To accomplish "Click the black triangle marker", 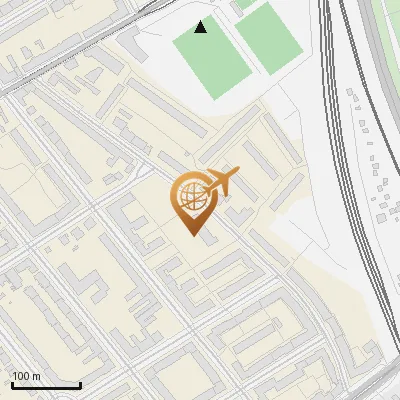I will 201,27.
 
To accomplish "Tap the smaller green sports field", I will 267,38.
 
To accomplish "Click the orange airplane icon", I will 222,182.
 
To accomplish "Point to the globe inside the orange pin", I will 191,196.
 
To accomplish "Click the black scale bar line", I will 45,385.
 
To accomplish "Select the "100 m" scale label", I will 27,376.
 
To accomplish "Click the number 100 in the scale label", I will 21,376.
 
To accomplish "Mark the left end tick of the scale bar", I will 11,384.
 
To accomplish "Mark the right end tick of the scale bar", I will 80,384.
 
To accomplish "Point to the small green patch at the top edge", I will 244,4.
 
